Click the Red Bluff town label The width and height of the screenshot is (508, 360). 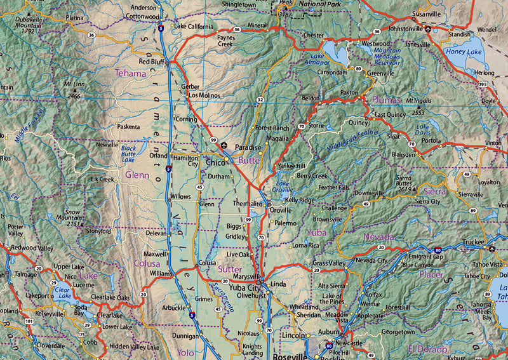[152, 62]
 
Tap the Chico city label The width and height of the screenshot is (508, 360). [215, 163]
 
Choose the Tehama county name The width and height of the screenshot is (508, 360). [130, 74]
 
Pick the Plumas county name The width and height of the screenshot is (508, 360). [387, 100]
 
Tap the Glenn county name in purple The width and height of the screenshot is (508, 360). [137, 174]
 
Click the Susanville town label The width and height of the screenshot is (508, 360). [425, 13]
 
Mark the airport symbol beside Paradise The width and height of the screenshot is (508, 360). [224, 146]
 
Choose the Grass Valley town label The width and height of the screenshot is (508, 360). [329, 263]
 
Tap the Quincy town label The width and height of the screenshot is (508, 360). [358, 123]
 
